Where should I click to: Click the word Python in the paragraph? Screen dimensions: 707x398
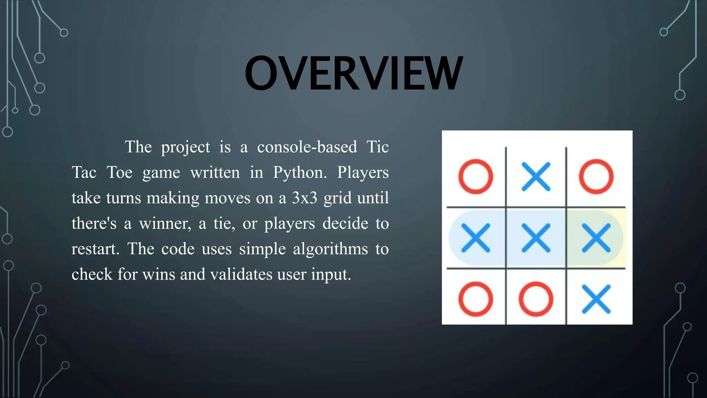(x=299, y=172)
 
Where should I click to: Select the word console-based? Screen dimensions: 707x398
(x=307, y=147)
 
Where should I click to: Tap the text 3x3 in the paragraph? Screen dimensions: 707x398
(x=304, y=198)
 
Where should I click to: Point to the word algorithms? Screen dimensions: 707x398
(x=330, y=249)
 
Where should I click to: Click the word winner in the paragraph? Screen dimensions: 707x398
(x=165, y=224)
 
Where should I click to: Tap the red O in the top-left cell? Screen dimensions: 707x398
(x=475, y=176)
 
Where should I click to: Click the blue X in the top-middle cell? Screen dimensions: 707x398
(x=536, y=176)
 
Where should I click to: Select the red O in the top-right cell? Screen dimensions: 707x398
(x=596, y=176)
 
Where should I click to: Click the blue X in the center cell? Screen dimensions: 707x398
(x=536, y=238)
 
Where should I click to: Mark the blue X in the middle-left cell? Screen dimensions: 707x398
(x=475, y=238)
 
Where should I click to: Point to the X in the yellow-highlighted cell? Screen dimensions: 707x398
(x=596, y=238)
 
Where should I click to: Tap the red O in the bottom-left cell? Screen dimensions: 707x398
(x=475, y=299)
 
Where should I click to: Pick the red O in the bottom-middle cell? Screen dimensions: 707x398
(x=536, y=299)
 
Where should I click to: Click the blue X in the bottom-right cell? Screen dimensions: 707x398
(x=596, y=299)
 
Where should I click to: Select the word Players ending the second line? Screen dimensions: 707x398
(x=362, y=172)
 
